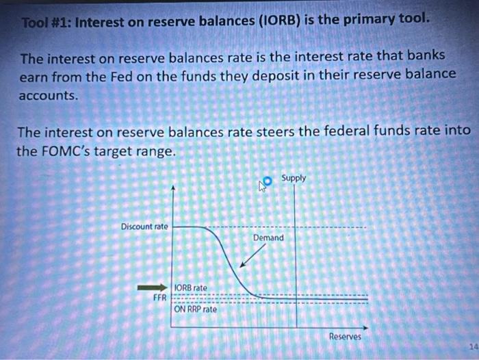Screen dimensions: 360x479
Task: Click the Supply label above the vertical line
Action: click(294, 178)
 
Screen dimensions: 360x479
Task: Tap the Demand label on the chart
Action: click(268, 237)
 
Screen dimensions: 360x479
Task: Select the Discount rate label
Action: click(144, 227)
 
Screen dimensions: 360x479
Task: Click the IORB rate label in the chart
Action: click(191, 287)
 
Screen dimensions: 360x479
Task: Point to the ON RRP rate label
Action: click(195, 309)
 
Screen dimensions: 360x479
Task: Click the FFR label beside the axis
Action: click(160, 298)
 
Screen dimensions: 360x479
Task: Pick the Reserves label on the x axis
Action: click(345, 336)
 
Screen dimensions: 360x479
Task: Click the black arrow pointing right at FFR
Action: click(152, 287)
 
